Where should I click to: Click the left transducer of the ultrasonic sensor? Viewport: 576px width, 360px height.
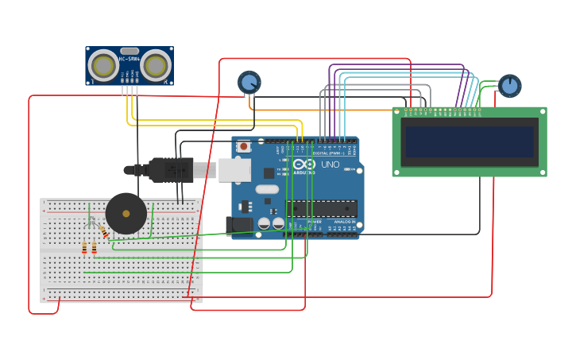pyautogui.click(x=104, y=65)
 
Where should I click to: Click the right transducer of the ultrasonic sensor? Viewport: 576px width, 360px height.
pyautogui.click(x=157, y=65)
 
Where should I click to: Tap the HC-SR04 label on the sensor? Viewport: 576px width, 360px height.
pyautogui.click(x=130, y=59)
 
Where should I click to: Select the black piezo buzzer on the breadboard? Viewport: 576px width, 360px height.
pyautogui.click(x=126, y=213)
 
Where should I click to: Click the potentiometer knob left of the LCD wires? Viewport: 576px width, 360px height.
pyautogui.click(x=249, y=82)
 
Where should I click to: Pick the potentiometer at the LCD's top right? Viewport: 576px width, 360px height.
pyautogui.click(x=509, y=85)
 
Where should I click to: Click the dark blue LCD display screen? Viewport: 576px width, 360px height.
pyautogui.click(x=469, y=141)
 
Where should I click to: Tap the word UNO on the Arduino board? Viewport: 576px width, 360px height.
pyautogui.click(x=330, y=165)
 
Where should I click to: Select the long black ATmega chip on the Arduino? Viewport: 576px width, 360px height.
pyautogui.click(x=321, y=208)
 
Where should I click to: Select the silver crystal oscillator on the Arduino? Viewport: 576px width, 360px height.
pyautogui.click(x=267, y=189)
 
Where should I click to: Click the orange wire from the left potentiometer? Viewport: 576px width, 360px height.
pyautogui.click(x=318, y=109)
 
